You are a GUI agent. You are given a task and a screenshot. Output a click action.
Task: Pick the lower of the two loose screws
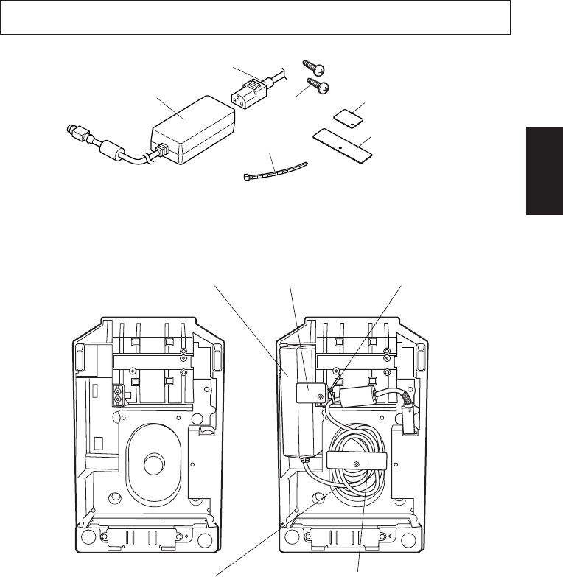[x=321, y=88]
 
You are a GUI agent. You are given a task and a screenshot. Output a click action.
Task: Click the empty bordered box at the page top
[x=256, y=18]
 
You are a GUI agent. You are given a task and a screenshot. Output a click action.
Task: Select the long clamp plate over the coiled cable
[x=355, y=463]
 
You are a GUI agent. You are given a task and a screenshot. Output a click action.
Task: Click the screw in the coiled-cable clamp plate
[x=355, y=464]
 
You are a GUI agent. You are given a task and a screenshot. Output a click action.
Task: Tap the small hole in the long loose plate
[x=340, y=146]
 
